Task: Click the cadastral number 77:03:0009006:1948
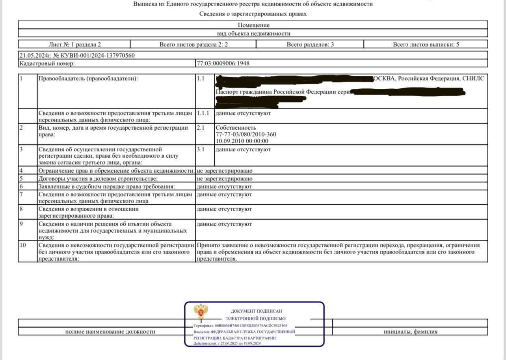coord(223,63)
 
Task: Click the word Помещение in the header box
coord(253,25)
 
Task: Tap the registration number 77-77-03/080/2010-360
coord(246,134)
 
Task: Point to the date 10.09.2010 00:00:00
coord(242,141)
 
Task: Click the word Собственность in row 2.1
coord(236,127)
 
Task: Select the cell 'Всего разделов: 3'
coord(310,45)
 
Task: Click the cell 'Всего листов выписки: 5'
coord(426,45)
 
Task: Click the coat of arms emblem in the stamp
coord(201,312)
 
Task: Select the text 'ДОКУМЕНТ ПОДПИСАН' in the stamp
coord(256,311)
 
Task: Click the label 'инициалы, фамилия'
coord(410,332)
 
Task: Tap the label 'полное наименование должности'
coord(110,332)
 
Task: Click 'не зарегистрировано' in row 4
coord(224,171)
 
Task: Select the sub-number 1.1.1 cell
coord(205,113)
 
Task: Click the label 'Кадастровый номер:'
coord(47,63)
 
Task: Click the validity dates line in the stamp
coord(227,343)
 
